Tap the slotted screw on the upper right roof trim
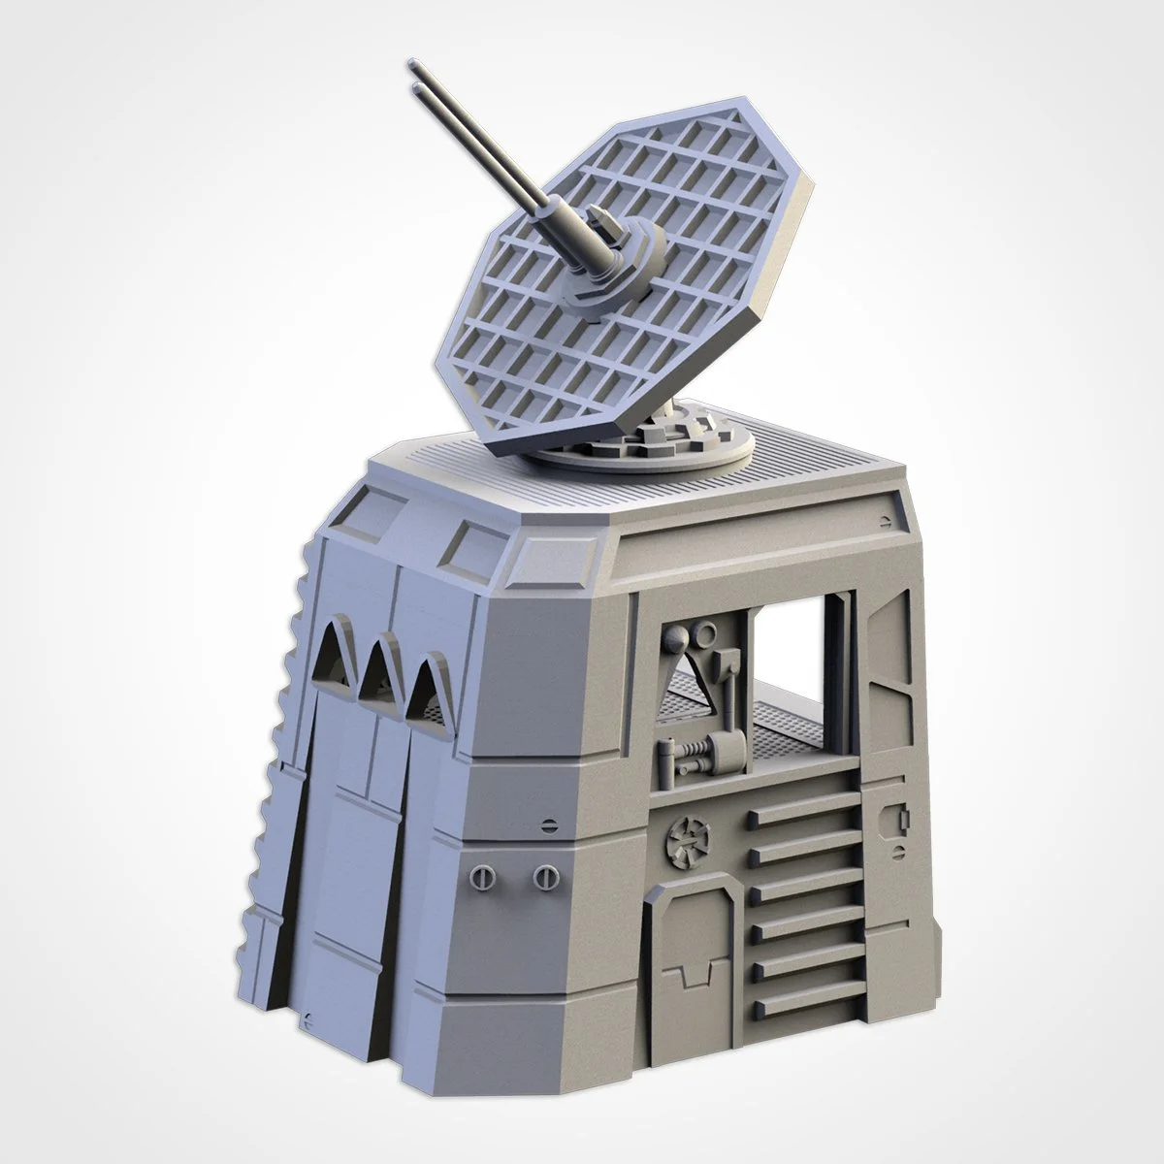click(x=883, y=521)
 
